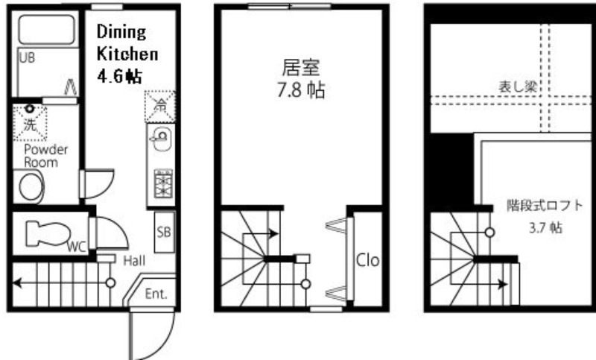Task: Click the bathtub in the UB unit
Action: point(46,30)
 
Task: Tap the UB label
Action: point(27,58)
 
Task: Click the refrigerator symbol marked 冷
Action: point(160,107)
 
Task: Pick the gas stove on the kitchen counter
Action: point(163,184)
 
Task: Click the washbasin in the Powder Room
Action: point(30,186)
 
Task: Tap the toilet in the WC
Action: point(48,234)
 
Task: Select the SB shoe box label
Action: point(164,232)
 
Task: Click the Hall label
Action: point(134,261)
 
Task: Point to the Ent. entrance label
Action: point(156,294)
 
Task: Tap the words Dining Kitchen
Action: point(127,42)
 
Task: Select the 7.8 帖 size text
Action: point(301,90)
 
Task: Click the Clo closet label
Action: point(367,260)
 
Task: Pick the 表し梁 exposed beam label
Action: point(518,87)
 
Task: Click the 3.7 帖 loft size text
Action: point(545,228)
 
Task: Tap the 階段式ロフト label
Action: point(545,206)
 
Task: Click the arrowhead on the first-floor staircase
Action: point(17,283)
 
